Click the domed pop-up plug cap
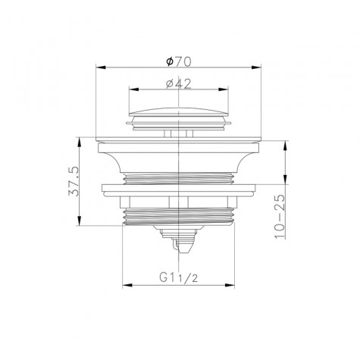(x=179, y=117)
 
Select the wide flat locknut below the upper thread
(x=180, y=189)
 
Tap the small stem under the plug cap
(x=179, y=133)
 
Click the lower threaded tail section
(x=180, y=215)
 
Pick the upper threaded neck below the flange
(x=180, y=176)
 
